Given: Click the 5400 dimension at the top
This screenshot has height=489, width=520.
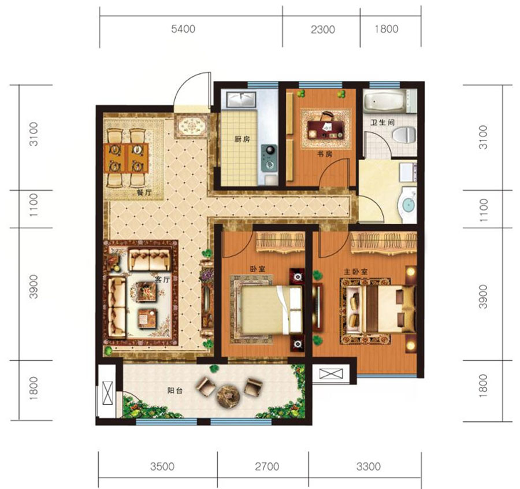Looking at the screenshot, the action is tap(183, 29).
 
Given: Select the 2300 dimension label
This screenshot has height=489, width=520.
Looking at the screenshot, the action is tap(322, 29).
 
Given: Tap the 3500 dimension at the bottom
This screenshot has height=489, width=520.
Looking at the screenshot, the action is tap(162, 466).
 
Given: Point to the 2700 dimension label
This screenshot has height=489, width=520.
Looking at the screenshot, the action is tap(267, 466).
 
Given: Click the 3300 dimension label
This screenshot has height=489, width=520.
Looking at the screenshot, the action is tap(369, 466).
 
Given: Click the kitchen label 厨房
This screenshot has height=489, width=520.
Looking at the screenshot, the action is tap(242, 139).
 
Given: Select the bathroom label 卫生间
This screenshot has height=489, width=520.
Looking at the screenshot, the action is tap(382, 123).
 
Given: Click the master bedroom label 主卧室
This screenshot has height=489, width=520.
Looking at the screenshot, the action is tap(355, 272).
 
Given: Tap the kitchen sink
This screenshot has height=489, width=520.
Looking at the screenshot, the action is tap(241, 99).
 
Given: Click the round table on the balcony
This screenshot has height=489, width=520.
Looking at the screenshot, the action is tap(228, 396).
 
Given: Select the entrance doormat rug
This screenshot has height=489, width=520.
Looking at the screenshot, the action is tap(192, 126).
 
